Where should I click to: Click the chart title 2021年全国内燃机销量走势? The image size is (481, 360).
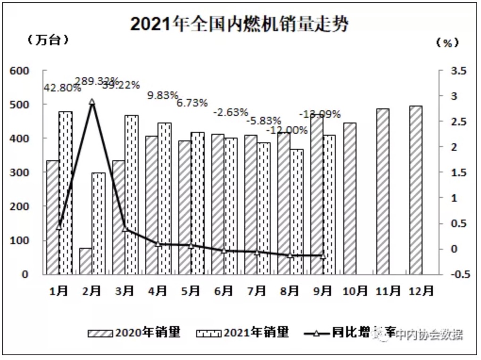click(x=240, y=24)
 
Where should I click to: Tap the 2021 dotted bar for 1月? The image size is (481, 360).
click(x=66, y=193)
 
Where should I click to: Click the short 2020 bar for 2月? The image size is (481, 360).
click(x=85, y=261)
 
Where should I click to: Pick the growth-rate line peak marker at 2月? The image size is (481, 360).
click(x=92, y=101)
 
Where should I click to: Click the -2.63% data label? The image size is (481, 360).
click(x=230, y=112)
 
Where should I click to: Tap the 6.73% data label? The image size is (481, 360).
click(x=192, y=103)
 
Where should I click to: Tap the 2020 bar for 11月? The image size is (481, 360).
click(x=383, y=191)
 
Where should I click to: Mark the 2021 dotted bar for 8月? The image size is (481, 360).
click(x=297, y=212)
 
